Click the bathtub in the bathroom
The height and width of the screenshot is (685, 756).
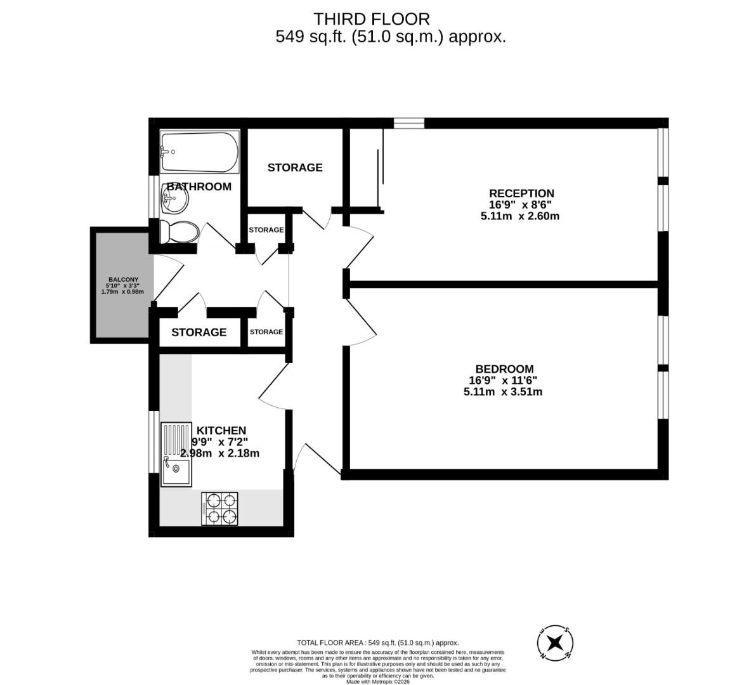[199, 152]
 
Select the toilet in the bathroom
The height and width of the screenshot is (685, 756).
[179, 232]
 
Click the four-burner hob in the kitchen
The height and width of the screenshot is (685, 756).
[219, 509]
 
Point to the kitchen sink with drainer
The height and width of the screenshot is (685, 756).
[176, 455]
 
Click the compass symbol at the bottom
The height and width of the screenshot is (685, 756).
[556, 644]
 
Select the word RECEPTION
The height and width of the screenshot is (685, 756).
[521, 193]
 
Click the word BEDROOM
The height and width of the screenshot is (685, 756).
[504, 369]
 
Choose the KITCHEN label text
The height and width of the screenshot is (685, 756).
[221, 431]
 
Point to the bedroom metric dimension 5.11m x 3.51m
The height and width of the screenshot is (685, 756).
[502, 392]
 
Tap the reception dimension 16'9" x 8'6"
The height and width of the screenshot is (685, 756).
[521, 205]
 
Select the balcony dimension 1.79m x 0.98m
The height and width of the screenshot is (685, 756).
[123, 292]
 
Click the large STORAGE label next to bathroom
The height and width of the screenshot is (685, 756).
[295, 167]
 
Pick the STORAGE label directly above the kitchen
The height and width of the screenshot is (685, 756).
[199, 332]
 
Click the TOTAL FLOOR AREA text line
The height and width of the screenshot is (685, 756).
[377, 643]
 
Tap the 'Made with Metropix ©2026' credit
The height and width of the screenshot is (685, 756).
[378, 682]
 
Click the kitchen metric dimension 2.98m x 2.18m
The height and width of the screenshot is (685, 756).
[220, 453]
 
